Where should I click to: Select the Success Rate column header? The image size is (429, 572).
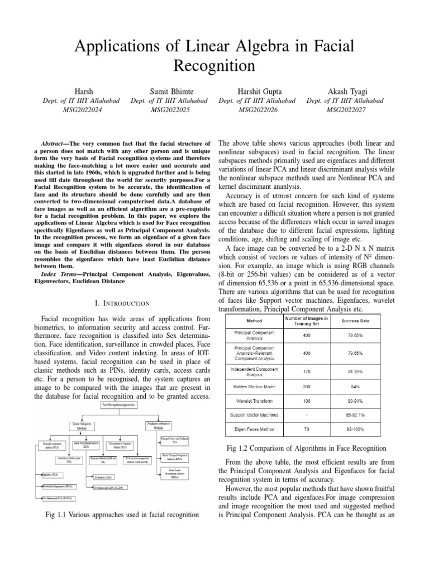point(352,321)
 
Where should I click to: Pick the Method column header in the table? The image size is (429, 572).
point(252,321)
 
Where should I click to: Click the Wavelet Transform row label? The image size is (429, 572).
point(252,400)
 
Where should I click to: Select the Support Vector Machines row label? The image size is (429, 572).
point(252,415)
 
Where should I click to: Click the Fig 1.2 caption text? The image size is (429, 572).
point(307,449)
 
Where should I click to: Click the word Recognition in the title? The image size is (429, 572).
point(214,66)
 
